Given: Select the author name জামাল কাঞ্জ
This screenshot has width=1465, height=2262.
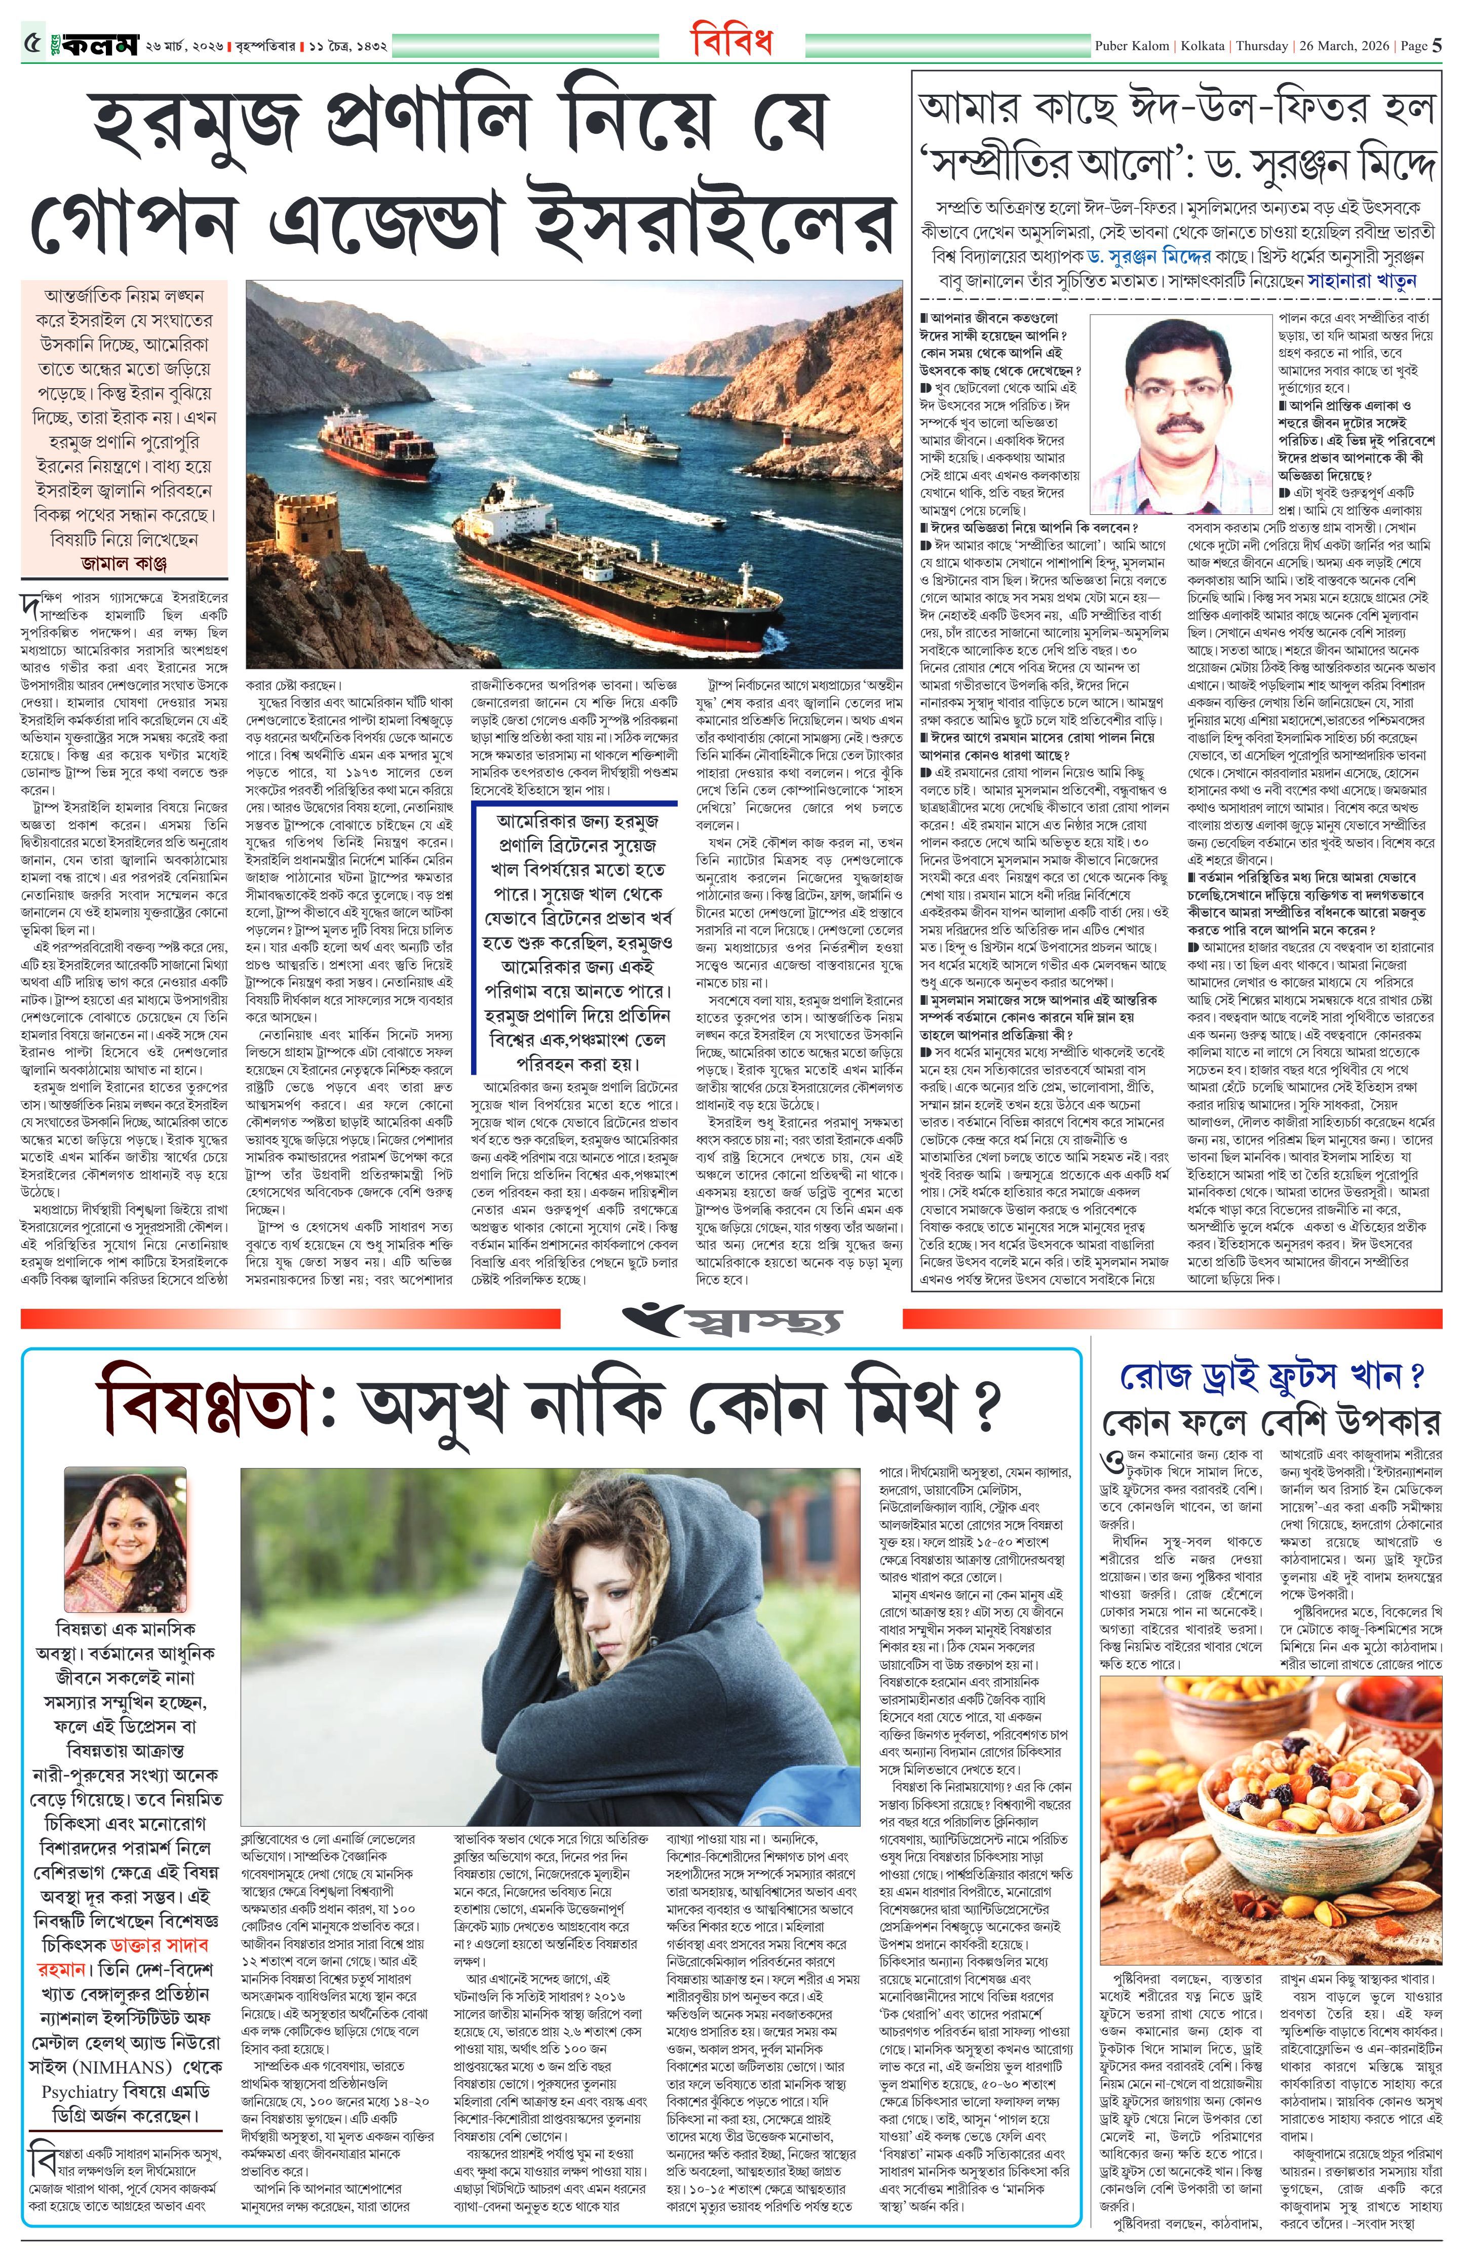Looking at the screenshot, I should coord(126,563).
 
